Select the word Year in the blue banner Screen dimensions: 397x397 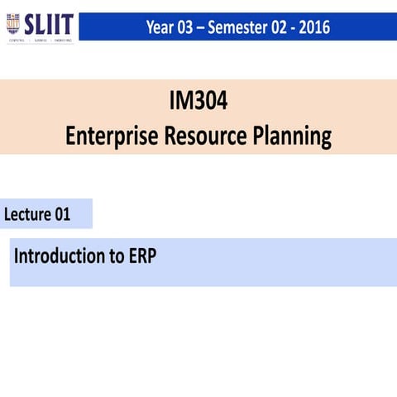(x=161, y=27)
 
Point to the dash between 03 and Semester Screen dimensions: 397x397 (x=205, y=27)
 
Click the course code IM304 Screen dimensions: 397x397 (x=198, y=103)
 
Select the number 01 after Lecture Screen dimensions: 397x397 (x=63, y=215)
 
